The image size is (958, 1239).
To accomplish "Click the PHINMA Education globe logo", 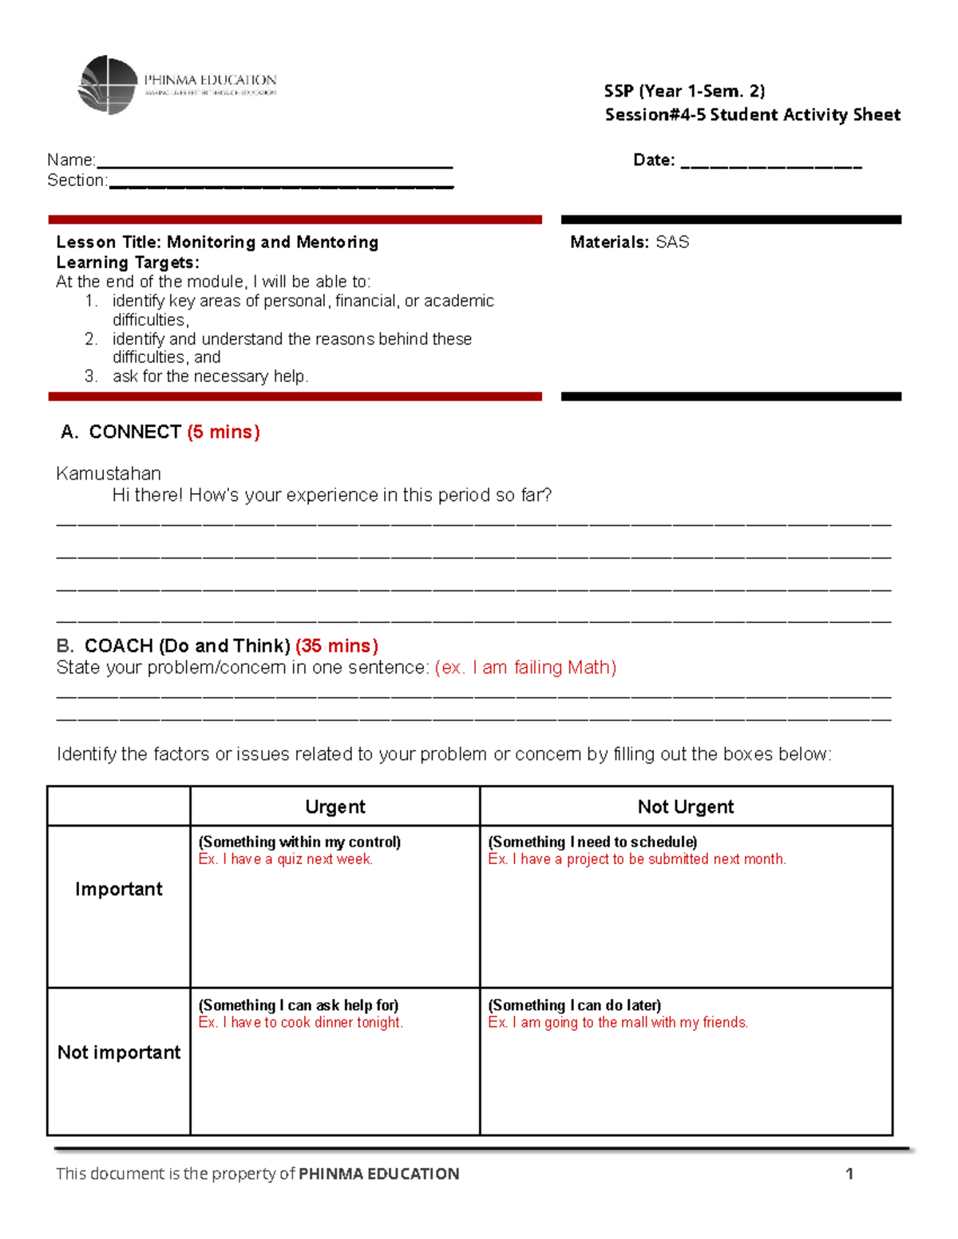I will pos(108,85).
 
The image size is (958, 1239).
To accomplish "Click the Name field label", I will pos(71,160).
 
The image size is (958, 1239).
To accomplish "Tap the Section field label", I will pos(77,181).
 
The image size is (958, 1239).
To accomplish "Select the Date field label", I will pos(653,160).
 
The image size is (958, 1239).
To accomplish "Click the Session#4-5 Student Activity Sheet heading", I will pos(752,115).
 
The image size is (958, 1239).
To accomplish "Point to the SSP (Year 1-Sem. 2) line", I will pos(684,91).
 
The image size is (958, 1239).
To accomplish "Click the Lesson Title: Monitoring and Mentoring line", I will pos(217,243).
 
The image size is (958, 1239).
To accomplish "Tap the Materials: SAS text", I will pos(629,243).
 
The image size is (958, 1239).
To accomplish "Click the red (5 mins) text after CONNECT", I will pos(224,432).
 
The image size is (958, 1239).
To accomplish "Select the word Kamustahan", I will pos(109,474).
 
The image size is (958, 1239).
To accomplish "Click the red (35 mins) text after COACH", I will pos(336,645).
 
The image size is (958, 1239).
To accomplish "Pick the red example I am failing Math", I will pos(525,668).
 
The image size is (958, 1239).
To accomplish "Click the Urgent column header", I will pos(335,807).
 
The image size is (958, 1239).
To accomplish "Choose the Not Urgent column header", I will pos(685,807).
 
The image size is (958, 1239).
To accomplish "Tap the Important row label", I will pos(119,890).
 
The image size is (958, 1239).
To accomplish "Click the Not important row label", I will pos(119,1053).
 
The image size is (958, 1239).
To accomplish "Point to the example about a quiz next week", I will pos(286,859).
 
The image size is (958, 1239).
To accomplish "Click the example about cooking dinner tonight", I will pos(301,1023).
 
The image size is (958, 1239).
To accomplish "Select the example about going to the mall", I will pos(618,1023).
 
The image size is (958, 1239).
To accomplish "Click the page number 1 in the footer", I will pos(849,1174).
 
